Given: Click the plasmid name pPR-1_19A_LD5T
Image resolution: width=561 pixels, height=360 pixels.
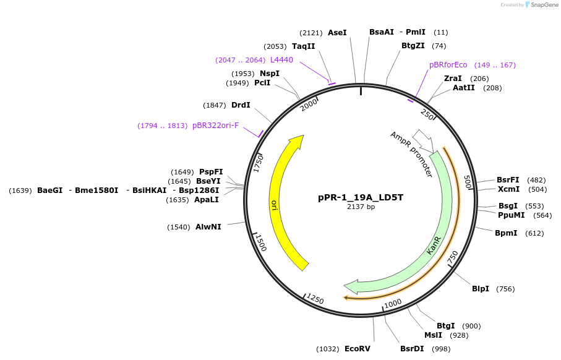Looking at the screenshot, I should (361, 197).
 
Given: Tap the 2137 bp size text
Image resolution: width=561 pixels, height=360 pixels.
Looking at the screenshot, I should (361, 207).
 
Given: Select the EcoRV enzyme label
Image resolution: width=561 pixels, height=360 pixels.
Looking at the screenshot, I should (357, 349).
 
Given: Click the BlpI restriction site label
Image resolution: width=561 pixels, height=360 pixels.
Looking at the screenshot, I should (481, 289).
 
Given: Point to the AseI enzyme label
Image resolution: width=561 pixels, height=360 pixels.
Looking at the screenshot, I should (337, 32).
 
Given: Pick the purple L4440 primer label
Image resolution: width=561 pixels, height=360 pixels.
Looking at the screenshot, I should (281, 60).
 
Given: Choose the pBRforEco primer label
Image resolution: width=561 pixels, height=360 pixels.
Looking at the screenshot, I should (448, 65).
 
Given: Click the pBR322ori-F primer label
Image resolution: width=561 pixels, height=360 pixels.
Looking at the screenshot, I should (215, 126).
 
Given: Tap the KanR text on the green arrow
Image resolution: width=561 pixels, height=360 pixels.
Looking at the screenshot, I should (434, 245).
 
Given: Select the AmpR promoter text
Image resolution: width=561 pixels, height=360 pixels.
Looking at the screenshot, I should (411, 155).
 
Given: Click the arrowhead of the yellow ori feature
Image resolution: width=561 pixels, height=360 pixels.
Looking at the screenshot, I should (298, 142).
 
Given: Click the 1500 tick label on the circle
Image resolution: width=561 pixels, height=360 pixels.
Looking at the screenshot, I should (260, 242).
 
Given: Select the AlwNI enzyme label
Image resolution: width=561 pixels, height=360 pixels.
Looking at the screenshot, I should (208, 227).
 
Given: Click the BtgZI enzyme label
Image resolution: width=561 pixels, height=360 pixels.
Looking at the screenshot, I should (413, 46).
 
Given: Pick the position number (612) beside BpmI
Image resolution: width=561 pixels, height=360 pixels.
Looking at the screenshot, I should (534, 233).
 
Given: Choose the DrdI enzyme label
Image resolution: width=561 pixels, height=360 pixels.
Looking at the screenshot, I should (241, 105).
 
